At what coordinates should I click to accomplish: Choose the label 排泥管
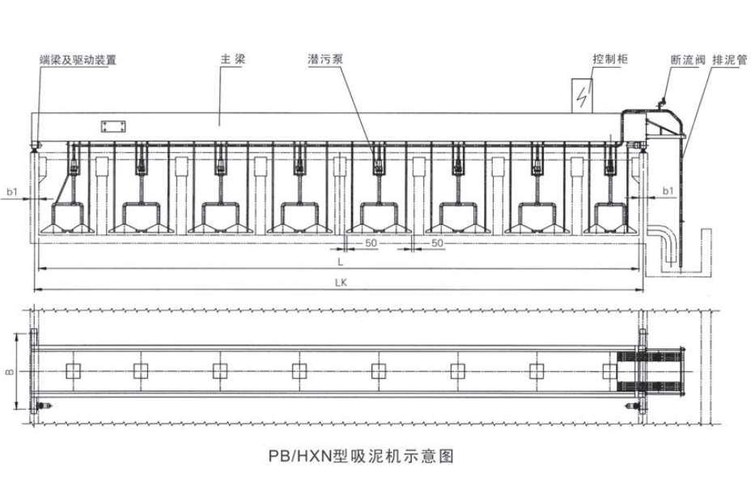(730, 60)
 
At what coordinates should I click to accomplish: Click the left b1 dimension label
(12, 191)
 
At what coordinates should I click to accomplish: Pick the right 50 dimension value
(436, 242)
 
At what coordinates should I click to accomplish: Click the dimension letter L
(341, 263)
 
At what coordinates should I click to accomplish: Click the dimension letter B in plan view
(9, 372)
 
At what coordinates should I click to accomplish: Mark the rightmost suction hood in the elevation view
(613, 218)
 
